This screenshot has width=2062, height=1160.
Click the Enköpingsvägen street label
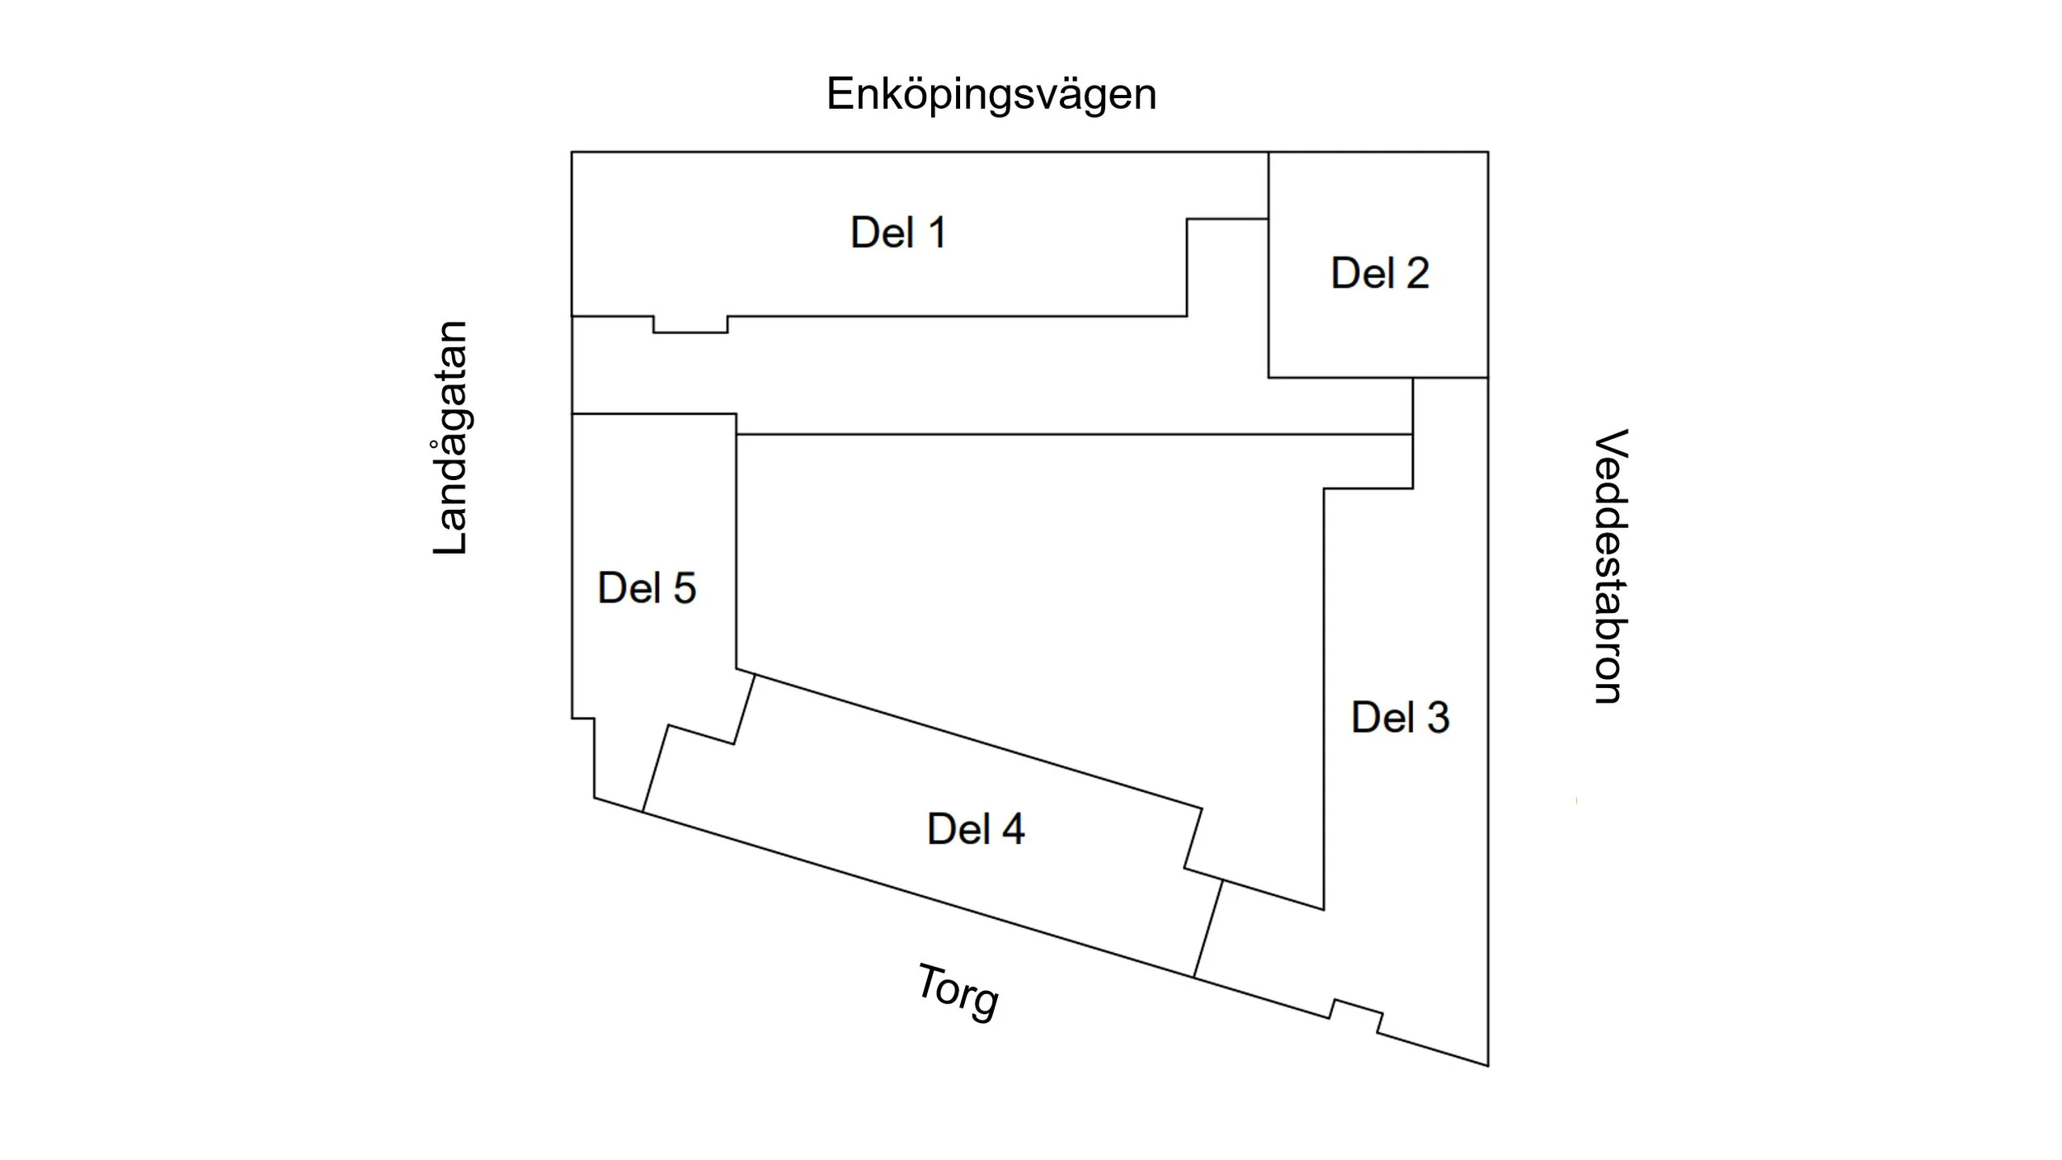[x=991, y=95]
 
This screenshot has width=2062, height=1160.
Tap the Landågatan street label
[x=450, y=437]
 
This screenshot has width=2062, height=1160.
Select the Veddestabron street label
[x=1608, y=566]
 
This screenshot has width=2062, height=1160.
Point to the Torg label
[x=957, y=992]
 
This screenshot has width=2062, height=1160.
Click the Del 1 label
[x=898, y=233]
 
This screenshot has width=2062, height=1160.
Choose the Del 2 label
[x=1380, y=273]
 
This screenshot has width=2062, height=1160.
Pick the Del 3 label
[x=1400, y=717]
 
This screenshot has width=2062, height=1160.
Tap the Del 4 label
[x=976, y=828]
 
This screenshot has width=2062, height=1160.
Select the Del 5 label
[x=647, y=588]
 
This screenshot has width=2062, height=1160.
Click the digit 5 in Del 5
[x=684, y=588]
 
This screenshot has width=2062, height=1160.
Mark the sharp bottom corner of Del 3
[x=1486, y=1063]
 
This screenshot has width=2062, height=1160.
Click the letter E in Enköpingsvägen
[x=840, y=93]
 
